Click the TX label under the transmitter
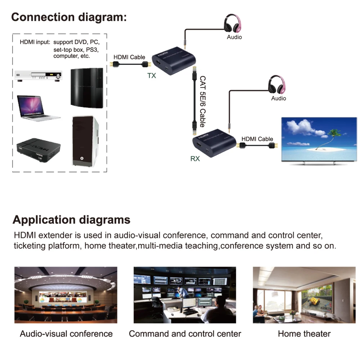pos(152,76)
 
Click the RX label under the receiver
pos(195,158)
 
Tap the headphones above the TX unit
pos(234,23)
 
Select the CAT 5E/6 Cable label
pos(202,101)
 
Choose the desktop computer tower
pos(84,140)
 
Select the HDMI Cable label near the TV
pos(257,139)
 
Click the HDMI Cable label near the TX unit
pos(129,57)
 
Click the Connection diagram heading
pos(69,17)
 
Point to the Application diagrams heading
pos(72,219)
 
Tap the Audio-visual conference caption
pos(66,334)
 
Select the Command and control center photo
pos(185,295)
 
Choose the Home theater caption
pos(304,334)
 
